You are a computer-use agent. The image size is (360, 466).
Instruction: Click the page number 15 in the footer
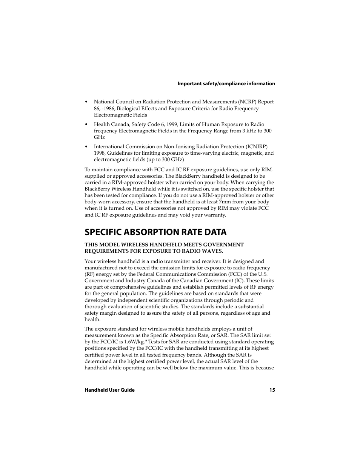point(272,390)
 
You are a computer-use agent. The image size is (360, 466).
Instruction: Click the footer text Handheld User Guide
point(109,390)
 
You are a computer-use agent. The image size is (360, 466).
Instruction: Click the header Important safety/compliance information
point(226,84)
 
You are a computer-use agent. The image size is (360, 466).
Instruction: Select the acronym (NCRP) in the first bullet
point(247,102)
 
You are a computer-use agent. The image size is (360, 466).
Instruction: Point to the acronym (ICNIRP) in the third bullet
point(257,147)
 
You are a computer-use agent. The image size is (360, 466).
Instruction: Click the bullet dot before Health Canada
point(86,125)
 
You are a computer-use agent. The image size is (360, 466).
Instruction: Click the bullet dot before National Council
point(86,102)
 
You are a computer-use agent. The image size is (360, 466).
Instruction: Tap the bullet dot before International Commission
point(86,147)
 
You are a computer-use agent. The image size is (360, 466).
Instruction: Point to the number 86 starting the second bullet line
point(97,109)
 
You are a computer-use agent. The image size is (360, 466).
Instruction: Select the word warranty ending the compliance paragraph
point(214,215)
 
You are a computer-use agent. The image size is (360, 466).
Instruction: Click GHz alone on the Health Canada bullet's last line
point(99,137)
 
